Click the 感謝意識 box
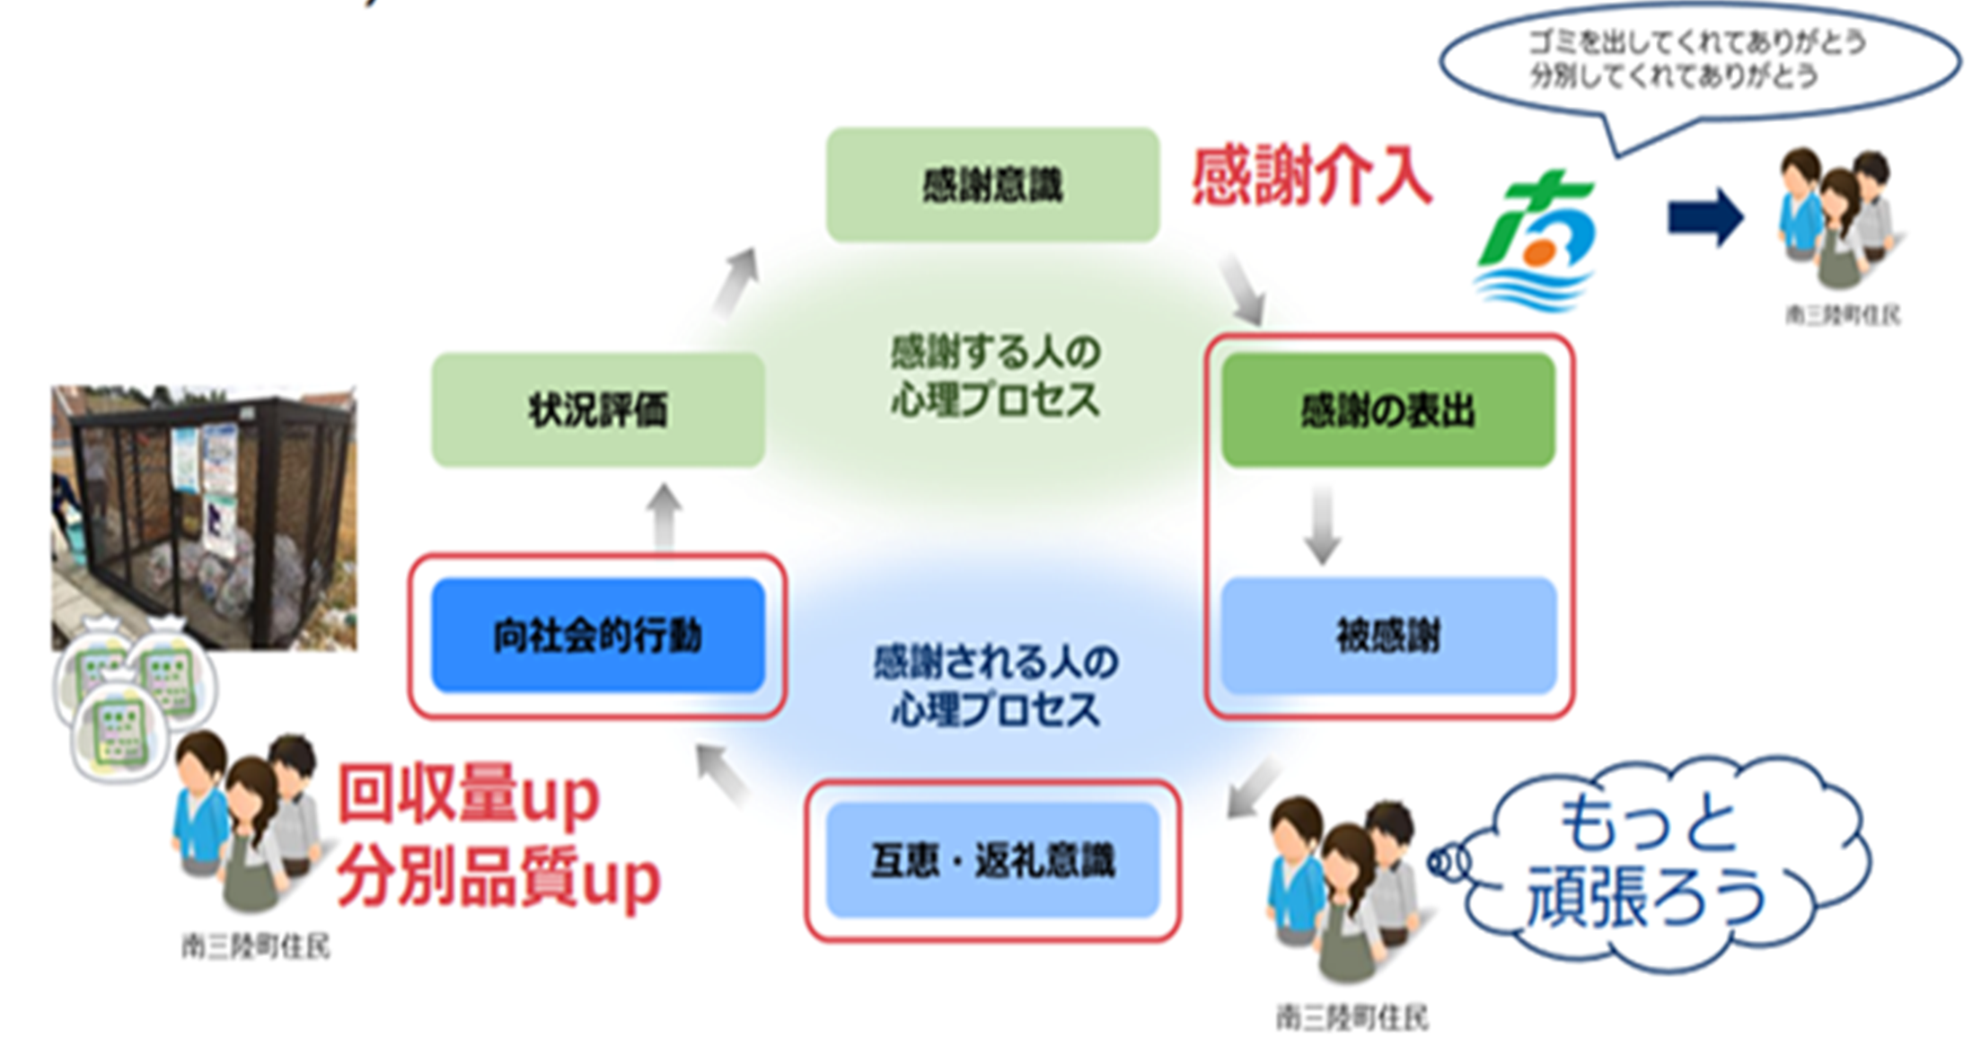992,185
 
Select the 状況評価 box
598,410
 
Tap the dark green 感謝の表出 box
1387,410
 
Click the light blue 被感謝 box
1387,636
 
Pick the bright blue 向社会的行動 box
598,636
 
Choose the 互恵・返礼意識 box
992,860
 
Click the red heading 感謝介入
1311,177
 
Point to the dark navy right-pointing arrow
1704,217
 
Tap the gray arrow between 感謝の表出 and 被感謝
1322,524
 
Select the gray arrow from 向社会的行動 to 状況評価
664,515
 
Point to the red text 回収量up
467,794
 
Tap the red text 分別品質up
498,877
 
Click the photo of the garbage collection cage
204,516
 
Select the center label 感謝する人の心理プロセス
995,375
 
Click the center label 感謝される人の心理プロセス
995,686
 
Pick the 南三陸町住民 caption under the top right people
1842,315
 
